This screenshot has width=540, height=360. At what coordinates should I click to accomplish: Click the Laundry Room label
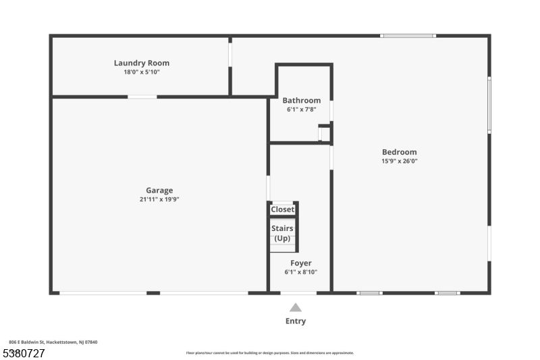[x=142, y=63]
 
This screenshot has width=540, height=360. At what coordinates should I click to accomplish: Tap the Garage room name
[x=159, y=190]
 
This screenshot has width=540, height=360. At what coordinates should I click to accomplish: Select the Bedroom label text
[x=400, y=152]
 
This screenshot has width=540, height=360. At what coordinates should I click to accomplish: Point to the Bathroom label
[x=302, y=100]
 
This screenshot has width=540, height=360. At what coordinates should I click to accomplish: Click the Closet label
[x=282, y=209]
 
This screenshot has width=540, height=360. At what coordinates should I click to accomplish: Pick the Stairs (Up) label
[x=282, y=233]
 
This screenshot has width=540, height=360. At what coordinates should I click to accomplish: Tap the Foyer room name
[x=301, y=263]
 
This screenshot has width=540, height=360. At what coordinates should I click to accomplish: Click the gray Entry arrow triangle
[x=296, y=307]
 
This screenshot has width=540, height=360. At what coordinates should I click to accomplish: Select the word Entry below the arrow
[x=296, y=321]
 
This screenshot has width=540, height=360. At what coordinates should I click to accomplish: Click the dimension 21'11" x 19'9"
[x=159, y=199]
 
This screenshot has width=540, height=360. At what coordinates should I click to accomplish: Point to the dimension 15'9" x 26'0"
[x=400, y=161]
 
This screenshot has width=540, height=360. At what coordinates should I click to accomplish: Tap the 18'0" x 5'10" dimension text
[x=142, y=72]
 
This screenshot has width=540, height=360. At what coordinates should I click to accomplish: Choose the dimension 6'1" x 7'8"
[x=302, y=109]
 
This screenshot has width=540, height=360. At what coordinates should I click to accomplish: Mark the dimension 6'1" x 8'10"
[x=301, y=272]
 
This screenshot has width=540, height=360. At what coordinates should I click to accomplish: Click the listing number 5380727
[x=24, y=353]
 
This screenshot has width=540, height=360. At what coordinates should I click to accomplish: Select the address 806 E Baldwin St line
[x=53, y=342]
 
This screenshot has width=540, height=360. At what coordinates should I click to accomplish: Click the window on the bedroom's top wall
[x=408, y=36]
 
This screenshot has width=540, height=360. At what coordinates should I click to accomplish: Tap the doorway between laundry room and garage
[x=142, y=97]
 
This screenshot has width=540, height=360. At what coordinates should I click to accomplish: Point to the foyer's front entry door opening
[x=298, y=293]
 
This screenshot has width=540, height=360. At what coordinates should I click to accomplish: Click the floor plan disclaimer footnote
[x=270, y=353]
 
